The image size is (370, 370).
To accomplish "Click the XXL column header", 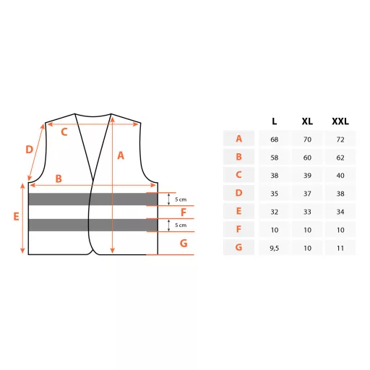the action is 340,121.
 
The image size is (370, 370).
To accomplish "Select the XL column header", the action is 307,121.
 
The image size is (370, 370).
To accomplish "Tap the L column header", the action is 275,121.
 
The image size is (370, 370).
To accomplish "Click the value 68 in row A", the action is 275,139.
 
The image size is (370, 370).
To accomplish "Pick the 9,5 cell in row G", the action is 275,248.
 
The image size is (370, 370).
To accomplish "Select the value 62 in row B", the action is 340,158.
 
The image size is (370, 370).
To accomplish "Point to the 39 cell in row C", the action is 307,176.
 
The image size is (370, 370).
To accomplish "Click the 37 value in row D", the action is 307,194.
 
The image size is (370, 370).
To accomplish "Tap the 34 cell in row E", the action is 340,212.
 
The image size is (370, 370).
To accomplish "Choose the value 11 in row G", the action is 340,248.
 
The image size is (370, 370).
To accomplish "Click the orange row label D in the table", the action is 238,193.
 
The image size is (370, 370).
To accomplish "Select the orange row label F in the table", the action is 238,229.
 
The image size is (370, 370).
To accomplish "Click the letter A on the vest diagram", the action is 121,155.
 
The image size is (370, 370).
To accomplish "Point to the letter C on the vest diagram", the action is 64,132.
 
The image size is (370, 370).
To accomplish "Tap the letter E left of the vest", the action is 16,217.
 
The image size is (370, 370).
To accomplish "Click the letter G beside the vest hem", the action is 184,244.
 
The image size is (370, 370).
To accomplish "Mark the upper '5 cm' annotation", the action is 181,199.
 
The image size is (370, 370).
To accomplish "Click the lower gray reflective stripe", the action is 93,225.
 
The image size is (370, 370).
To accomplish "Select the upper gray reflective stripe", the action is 93,199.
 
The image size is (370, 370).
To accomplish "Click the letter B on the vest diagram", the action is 59,178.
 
